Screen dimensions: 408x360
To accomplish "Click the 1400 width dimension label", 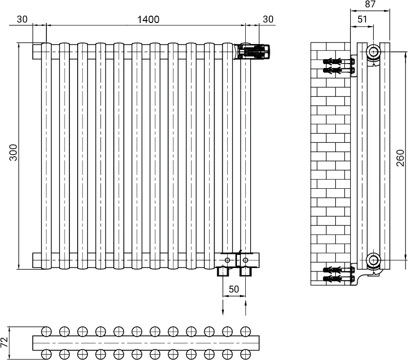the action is tap(148, 19).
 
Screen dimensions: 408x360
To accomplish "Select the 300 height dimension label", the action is tap(13, 153).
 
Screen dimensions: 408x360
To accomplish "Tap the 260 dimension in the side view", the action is tap(401, 158).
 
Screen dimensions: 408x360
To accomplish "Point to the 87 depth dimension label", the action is tap(370, 4).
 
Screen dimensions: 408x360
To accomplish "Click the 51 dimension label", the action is tap(362, 19).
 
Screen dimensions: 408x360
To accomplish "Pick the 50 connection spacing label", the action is tap(234, 289).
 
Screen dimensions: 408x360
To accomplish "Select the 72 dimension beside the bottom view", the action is tap(4, 342).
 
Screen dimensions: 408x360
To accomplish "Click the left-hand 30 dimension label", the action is tap(22, 19).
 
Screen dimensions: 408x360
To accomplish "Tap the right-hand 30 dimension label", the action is tap(268, 19).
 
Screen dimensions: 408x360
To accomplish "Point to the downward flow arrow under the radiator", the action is tap(223, 308).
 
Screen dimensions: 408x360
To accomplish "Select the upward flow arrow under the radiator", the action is tap(246, 308).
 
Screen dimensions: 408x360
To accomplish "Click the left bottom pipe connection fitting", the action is tap(223, 271).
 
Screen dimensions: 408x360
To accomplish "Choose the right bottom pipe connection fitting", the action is tap(245, 271).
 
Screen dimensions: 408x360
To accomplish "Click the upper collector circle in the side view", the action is tap(374, 51).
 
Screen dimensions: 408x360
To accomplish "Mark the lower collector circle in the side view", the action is tap(374, 260).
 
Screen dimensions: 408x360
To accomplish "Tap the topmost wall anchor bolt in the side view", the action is tap(339, 62).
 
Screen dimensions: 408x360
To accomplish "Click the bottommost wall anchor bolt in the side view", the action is tap(339, 279).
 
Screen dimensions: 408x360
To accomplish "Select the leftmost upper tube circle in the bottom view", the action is tap(46, 331).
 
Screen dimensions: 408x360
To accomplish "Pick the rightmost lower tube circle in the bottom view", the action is tap(245, 354).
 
